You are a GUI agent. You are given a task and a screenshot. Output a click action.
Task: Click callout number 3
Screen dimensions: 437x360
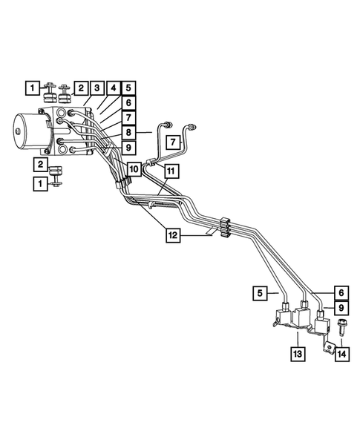(96, 88)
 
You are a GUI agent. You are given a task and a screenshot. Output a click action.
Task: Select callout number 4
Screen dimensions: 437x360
(112, 88)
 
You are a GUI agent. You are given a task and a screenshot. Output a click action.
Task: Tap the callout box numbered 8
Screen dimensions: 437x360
(128, 132)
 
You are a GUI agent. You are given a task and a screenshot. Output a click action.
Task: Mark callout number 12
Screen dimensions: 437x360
(172, 235)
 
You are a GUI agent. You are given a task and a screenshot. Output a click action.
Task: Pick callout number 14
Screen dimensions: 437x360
(341, 356)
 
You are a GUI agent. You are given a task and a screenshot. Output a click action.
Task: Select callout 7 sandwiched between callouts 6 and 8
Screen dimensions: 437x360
(128, 117)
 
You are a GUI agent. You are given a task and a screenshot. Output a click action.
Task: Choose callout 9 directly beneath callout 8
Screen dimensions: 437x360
(128, 148)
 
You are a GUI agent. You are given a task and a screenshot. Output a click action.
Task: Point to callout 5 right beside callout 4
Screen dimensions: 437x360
(128, 88)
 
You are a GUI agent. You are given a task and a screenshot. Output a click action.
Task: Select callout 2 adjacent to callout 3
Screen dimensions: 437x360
(80, 88)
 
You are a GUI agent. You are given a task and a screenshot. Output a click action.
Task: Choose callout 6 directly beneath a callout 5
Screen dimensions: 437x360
(128, 103)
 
